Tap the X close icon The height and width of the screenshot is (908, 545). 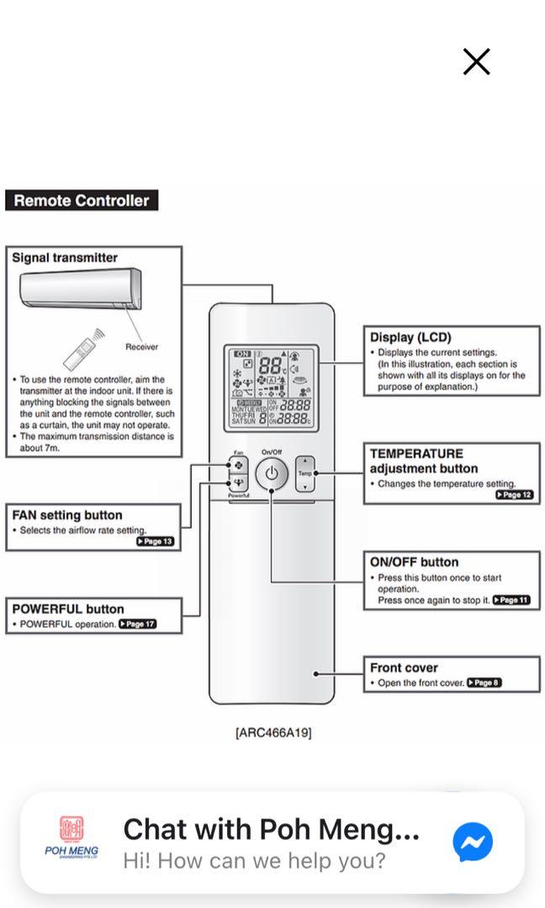(476, 61)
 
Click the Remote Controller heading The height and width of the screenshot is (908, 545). (81, 201)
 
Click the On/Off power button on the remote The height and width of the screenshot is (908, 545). (271, 474)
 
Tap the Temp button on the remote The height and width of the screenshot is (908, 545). (304, 474)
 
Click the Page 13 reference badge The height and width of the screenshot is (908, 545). (155, 541)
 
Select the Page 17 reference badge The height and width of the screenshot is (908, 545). (138, 625)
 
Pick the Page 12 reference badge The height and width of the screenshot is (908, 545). (514, 495)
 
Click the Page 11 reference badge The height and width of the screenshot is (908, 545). (511, 600)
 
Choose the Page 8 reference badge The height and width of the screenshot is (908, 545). (484, 683)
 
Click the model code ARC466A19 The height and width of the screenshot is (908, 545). (273, 732)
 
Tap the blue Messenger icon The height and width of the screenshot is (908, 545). (473, 842)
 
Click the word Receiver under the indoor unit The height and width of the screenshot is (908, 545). (141, 346)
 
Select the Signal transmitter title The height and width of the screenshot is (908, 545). (65, 258)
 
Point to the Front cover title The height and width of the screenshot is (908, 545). (404, 668)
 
